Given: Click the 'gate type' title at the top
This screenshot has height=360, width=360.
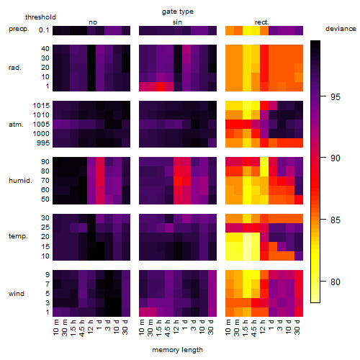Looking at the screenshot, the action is [x=178, y=12].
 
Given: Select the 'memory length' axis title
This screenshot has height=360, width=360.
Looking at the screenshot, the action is [x=177, y=350].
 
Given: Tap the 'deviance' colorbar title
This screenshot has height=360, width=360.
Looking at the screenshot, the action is [x=341, y=29].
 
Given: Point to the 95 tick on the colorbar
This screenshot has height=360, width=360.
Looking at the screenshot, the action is [x=323, y=96].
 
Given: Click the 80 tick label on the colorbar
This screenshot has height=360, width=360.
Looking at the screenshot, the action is [x=336, y=282].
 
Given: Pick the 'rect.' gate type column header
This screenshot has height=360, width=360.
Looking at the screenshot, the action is [x=261, y=22].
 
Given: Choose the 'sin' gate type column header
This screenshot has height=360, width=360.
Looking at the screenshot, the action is [x=177, y=22].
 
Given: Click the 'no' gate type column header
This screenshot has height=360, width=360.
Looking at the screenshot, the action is [x=93, y=22].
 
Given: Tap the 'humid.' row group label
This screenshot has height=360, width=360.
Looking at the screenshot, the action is [x=20, y=181].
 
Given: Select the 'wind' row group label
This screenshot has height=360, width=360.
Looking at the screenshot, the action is [x=17, y=294].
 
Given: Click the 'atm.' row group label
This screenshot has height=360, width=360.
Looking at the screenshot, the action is [x=16, y=125].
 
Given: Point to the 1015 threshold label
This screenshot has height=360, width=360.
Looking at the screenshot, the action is [x=41, y=106].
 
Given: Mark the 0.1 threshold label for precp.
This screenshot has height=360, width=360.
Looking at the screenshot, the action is [x=44, y=30].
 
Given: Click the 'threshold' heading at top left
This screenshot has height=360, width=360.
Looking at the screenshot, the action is [x=40, y=17].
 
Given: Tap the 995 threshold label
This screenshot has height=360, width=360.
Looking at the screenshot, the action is [x=43, y=143].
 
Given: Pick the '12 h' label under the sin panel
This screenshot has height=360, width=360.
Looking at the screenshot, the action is [x=176, y=327].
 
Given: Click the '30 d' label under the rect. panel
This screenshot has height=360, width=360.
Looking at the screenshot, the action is [x=297, y=327].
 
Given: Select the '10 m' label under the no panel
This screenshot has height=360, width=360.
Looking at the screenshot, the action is [x=55, y=328].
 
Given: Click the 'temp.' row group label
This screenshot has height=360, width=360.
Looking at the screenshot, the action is [x=18, y=236].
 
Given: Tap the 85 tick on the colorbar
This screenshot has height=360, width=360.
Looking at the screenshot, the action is [x=323, y=220].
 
